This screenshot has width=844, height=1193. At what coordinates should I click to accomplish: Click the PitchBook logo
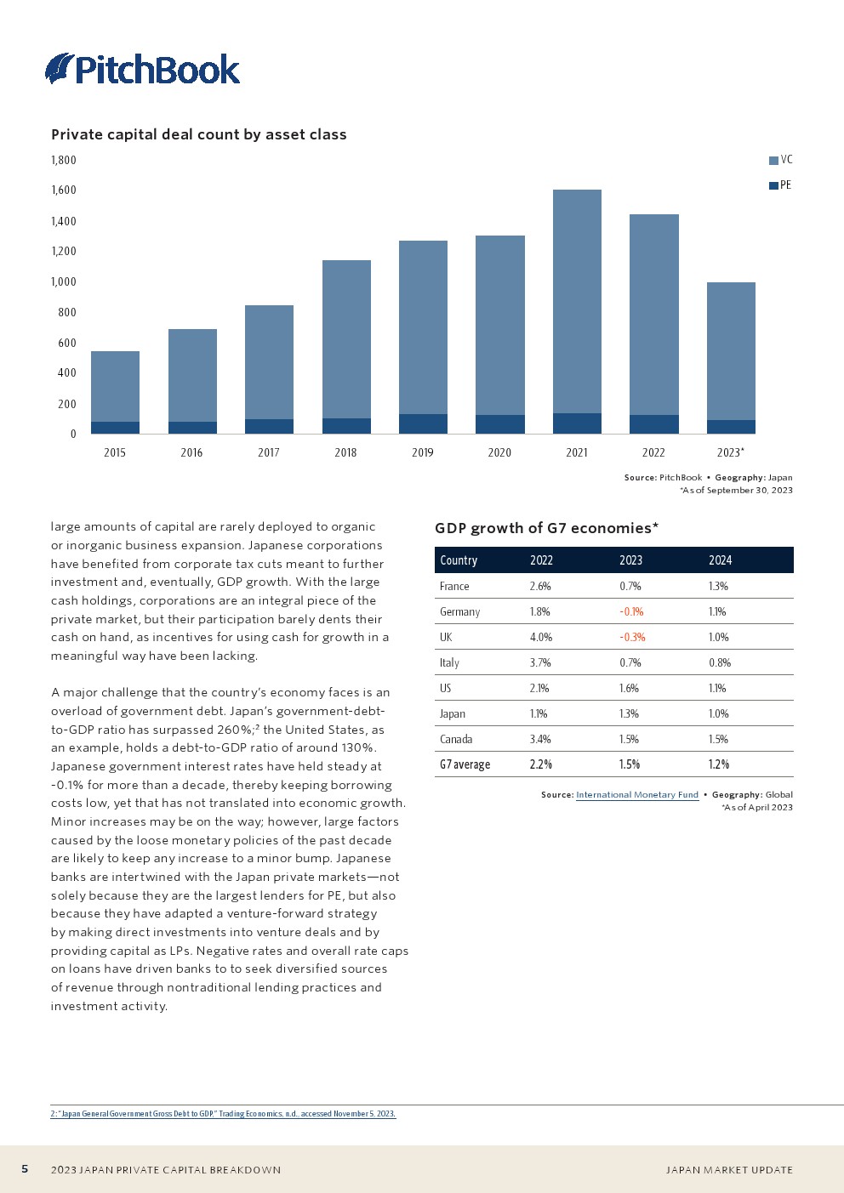(x=143, y=69)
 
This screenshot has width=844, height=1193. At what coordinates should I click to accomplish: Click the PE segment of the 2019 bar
(x=423, y=423)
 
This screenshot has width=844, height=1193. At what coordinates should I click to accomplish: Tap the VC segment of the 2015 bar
(x=115, y=386)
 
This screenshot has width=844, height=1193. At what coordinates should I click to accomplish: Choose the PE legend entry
(x=780, y=185)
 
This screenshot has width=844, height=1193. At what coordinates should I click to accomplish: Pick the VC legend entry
(x=780, y=160)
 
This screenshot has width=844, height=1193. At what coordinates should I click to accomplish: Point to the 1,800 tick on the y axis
(x=64, y=160)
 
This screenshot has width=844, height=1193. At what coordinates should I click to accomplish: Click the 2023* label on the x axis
(x=730, y=452)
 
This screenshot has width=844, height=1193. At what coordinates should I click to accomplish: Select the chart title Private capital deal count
(x=199, y=134)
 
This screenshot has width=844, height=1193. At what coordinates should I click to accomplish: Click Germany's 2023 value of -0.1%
(x=631, y=611)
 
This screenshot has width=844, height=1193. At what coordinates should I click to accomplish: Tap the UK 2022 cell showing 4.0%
(x=541, y=637)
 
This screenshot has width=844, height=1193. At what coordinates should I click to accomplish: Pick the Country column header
(x=459, y=560)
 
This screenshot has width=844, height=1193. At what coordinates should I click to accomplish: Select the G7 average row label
(x=465, y=764)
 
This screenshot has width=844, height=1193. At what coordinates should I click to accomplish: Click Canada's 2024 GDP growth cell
(x=718, y=739)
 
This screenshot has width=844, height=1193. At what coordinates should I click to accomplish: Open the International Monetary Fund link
(x=637, y=795)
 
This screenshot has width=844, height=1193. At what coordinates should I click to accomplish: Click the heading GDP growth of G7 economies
(x=546, y=528)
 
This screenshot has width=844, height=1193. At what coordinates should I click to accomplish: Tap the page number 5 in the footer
(x=25, y=1169)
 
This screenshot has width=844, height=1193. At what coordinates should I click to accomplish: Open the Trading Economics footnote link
(x=223, y=1114)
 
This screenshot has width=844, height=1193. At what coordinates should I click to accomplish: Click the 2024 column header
(x=720, y=560)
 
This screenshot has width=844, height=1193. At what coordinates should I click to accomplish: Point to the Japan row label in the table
(x=453, y=713)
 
